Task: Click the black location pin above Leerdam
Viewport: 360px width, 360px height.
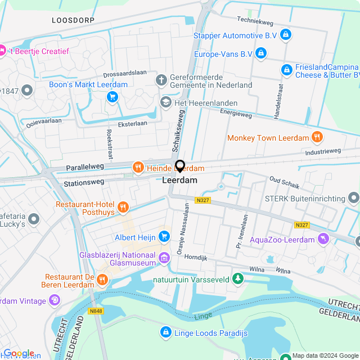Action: click(x=180, y=166)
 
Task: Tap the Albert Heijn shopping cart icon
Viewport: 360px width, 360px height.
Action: click(x=164, y=237)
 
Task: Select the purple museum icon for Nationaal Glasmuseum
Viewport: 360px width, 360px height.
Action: click(x=164, y=258)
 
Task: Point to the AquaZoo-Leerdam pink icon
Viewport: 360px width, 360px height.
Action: click(x=323, y=240)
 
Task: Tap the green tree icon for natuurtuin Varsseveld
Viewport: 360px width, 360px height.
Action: click(x=238, y=278)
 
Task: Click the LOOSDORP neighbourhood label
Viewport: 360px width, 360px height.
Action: click(x=72, y=20)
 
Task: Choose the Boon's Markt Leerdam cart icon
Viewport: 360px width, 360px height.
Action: click(x=112, y=97)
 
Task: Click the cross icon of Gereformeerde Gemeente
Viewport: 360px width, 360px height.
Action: click(x=161, y=79)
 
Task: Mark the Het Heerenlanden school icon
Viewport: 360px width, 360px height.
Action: click(x=165, y=102)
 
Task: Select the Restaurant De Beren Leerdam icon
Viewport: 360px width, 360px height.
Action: click(x=102, y=279)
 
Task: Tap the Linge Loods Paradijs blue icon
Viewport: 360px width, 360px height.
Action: click(x=166, y=333)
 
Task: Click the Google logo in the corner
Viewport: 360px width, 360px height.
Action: click(x=19, y=353)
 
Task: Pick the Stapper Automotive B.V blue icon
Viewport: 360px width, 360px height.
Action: click(x=286, y=35)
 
